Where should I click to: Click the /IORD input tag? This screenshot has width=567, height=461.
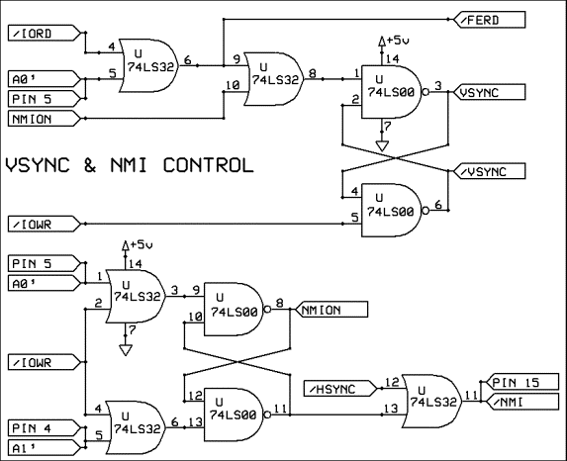45,33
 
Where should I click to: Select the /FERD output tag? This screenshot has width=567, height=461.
489,20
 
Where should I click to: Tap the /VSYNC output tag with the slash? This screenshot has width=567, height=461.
489,171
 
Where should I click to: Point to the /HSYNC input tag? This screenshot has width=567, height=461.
340,389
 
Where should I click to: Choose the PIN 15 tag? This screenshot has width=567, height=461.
520,382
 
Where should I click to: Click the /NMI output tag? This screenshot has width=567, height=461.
520,402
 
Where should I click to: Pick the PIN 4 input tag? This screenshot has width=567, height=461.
45,428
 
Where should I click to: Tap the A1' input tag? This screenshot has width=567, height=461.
45,448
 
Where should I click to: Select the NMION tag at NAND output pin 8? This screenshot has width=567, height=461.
331,310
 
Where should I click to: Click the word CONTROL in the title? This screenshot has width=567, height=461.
208,165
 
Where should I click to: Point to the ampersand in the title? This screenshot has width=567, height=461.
90,165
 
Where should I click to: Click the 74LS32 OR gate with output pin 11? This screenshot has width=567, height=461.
432,402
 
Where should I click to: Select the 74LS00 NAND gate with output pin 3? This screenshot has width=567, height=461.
392,92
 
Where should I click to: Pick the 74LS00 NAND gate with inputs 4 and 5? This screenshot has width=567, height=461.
392,211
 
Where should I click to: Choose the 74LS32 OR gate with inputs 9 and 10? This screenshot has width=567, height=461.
274,79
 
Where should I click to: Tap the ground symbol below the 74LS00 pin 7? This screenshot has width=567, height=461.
382,146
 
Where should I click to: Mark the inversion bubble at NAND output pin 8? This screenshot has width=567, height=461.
267,310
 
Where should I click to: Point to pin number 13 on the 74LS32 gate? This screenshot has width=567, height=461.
391,409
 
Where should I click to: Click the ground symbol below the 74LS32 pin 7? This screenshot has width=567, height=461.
126,350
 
